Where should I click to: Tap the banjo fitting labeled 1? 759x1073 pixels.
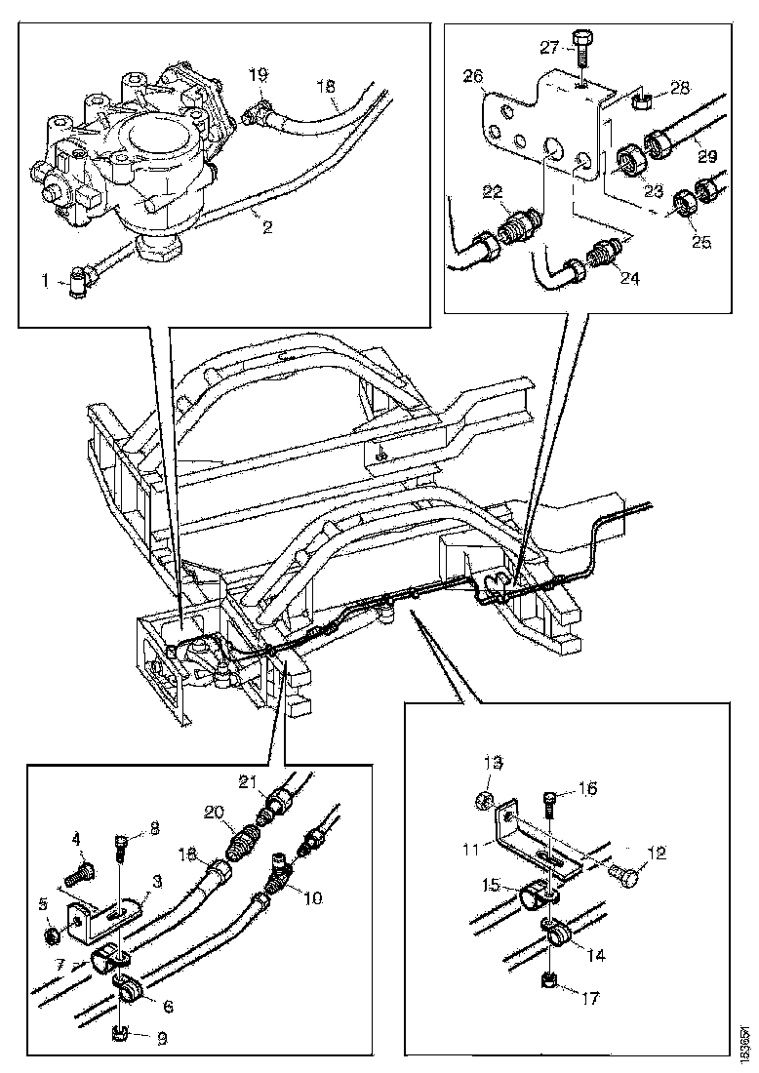pos(78,286)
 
